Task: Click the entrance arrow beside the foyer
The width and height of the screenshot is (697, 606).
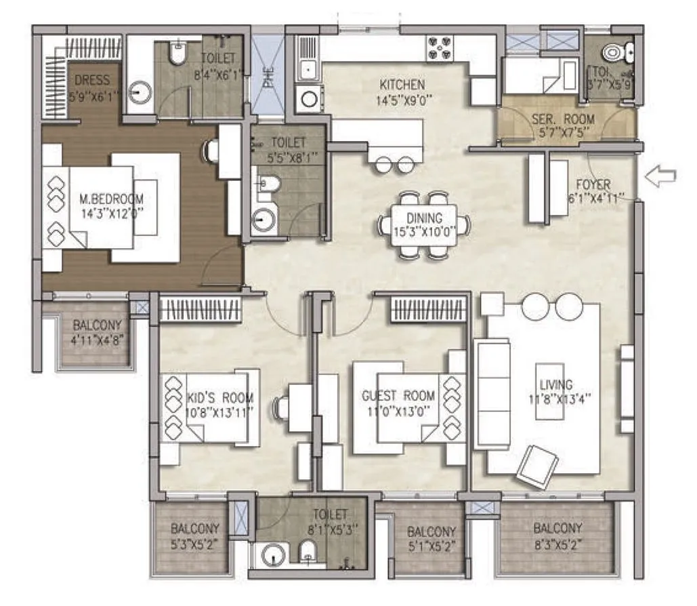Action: click(x=660, y=177)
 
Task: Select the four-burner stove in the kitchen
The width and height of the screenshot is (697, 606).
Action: click(x=438, y=47)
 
